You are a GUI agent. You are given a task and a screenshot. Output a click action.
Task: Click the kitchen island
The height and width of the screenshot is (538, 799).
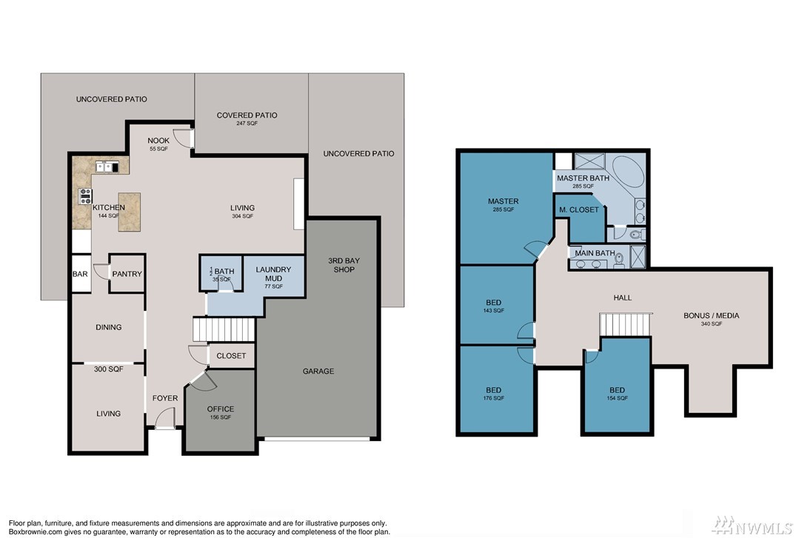click(130, 212)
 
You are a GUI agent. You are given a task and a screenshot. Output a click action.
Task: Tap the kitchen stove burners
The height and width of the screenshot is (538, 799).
click(85, 196)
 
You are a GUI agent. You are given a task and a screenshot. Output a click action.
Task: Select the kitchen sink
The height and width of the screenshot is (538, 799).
click(107, 167)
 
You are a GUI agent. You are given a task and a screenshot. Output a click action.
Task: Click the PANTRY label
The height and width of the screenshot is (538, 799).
click(127, 274)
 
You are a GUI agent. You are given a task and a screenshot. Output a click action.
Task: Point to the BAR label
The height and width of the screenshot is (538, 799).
click(80, 274)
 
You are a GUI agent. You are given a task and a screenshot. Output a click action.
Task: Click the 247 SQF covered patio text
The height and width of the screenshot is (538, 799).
click(247, 124)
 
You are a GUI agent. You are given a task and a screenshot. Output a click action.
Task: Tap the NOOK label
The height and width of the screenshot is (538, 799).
click(158, 141)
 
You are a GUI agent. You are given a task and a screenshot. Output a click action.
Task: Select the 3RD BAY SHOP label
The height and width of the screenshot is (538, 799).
click(344, 265)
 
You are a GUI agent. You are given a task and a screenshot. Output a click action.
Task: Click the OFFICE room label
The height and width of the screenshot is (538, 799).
click(221, 409)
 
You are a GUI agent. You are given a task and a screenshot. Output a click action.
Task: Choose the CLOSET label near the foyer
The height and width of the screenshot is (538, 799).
click(231, 356)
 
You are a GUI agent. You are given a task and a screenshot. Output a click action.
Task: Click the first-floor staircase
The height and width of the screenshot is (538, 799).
click(224, 329)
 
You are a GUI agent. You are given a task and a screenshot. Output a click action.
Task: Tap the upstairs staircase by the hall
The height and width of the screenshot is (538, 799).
click(626, 325)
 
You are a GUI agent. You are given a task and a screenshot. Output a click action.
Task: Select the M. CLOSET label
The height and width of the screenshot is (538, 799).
click(579, 209)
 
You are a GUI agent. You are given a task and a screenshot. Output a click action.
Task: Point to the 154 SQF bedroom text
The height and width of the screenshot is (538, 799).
click(617, 398)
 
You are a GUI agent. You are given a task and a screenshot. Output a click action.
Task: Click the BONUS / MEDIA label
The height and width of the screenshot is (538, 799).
click(712, 316)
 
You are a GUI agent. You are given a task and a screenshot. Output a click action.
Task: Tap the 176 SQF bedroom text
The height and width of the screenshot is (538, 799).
click(494, 398)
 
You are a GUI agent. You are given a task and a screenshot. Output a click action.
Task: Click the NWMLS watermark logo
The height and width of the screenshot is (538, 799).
click(753, 524)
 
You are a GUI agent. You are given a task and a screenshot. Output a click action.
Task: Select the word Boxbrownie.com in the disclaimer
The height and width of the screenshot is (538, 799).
click(33, 532)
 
